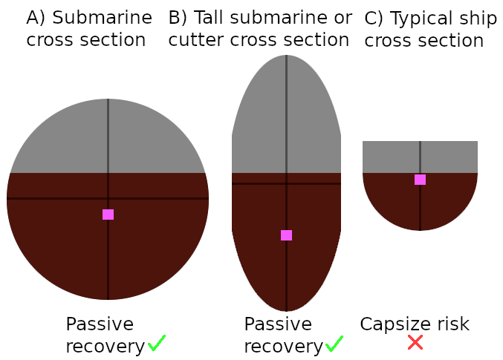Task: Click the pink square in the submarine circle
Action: [x=108, y=215]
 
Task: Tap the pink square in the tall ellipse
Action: [x=287, y=235]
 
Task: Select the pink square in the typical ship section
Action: [x=420, y=180]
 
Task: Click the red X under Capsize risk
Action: [x=415, y=343]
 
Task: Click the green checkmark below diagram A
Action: [x=157, y=343]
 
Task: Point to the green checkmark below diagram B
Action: [x=334, y=343]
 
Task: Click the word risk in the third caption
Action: [x=452, y=324]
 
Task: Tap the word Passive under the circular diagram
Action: [x=100, y=324]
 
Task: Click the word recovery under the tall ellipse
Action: [x=283, y=347]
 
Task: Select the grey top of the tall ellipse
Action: [x=260, y=119]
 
